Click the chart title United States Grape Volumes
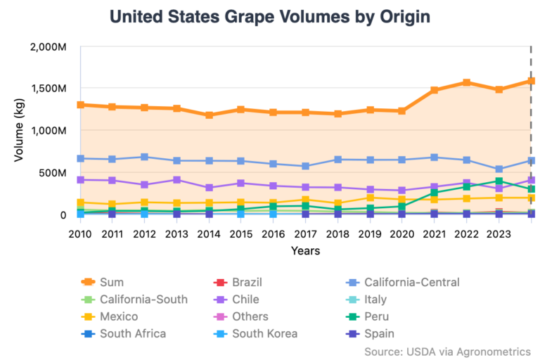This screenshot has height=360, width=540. (x=270, y=16)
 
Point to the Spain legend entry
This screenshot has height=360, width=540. (x=379, y=334)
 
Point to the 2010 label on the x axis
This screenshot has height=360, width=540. (x=81, y=233)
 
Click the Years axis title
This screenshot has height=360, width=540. (x=306, y=250)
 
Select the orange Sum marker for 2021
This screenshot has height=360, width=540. (x=435, y=90)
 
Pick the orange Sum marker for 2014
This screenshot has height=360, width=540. (x=210, y=115)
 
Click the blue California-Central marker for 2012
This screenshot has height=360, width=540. (x=145, y=157)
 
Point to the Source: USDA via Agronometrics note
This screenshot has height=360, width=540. (x=447, y=351)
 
